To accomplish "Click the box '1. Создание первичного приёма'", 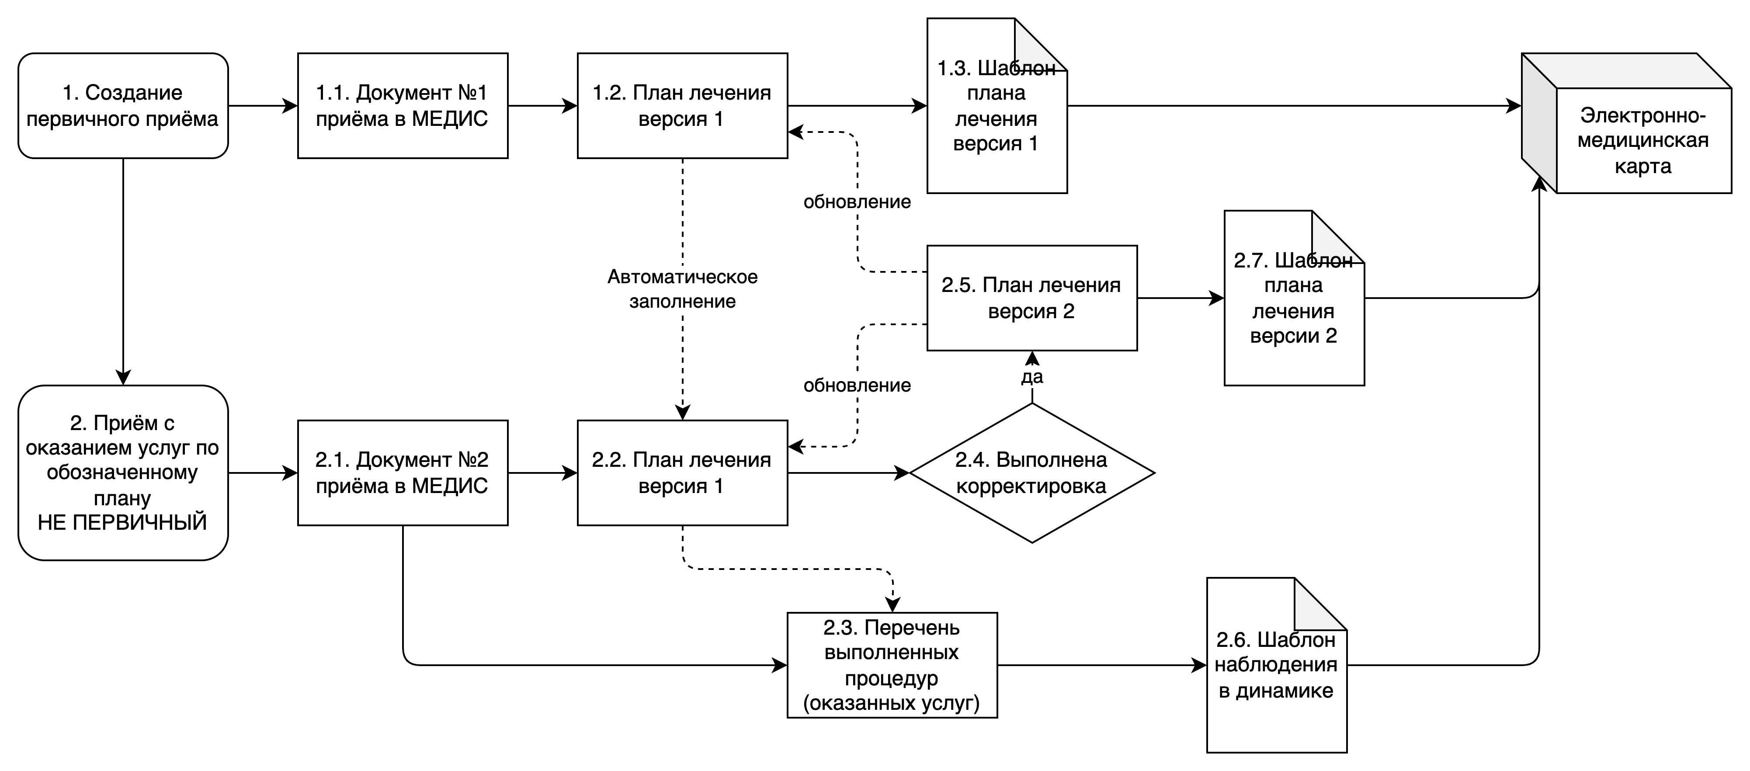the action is tap(123, 106).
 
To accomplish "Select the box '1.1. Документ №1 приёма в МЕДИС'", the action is tap(403, 106).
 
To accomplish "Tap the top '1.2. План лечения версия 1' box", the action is tap(683, 106).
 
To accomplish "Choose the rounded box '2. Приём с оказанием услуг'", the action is tap(123, 473).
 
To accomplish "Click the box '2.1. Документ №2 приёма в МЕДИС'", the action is tap(403, 473).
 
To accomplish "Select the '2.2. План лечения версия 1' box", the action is tap(683, 473).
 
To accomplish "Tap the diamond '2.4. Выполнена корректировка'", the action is tap(1032, 473).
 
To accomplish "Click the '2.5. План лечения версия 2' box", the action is tap(1032, 298).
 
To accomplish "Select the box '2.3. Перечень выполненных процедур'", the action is tap(892, 665).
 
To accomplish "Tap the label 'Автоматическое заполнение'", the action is tap(682, 289).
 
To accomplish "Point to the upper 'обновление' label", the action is tap(858, 202).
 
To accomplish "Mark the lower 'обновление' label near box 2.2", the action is tap(858, 385).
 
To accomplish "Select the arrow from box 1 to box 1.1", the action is tap(263, 106).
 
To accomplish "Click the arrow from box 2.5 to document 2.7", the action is tap(1181, 298).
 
